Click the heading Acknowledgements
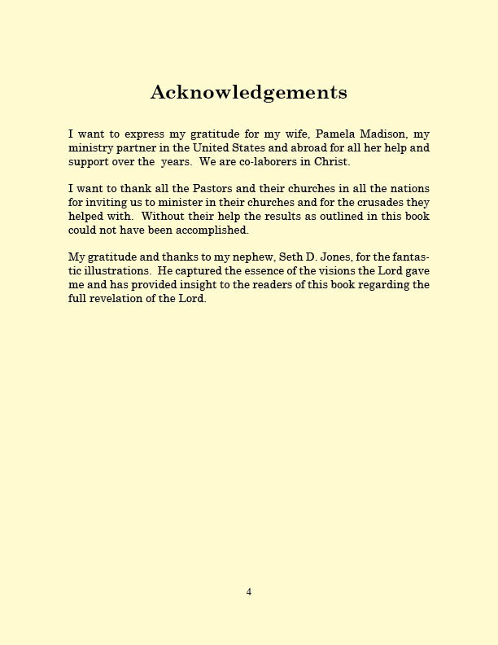click(248, 93)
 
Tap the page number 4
click(249, 592)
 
